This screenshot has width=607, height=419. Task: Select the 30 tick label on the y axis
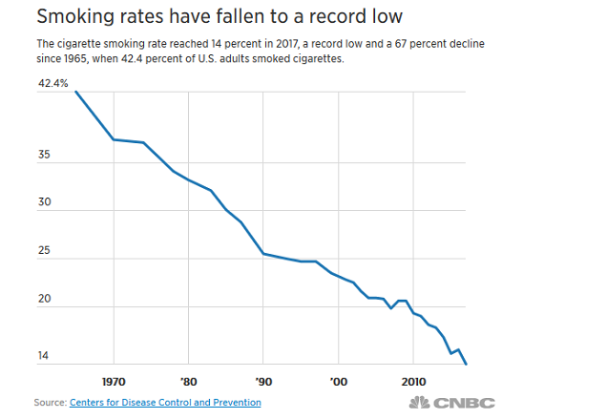coord(43,203)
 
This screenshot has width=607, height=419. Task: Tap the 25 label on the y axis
coord(43,251)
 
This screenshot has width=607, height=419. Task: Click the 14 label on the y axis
coord(43,358)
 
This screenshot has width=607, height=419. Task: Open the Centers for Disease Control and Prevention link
coord(165,403)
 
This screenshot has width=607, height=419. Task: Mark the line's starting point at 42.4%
coord(76,92)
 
